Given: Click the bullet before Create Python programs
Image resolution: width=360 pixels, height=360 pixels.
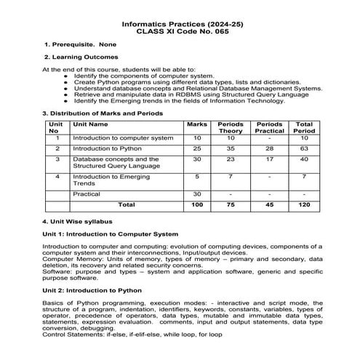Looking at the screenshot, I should tap(67, 84).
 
